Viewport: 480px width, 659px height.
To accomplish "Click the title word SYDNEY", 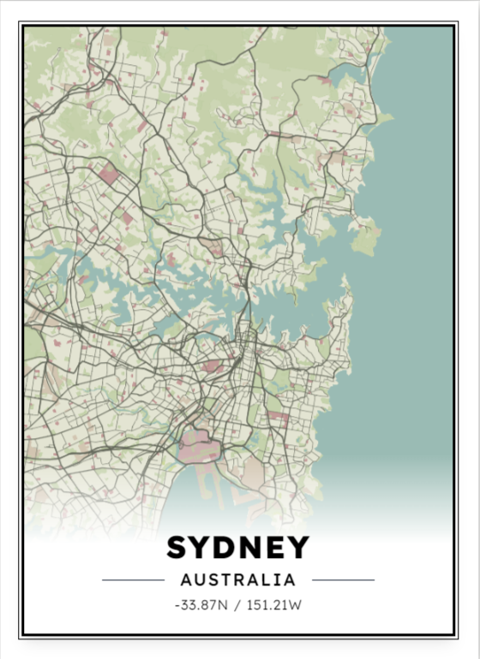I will click(x=237, y=548).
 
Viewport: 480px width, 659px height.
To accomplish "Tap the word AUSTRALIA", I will click(x=237, y=579).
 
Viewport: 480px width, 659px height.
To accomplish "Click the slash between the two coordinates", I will click(x=236, y=605).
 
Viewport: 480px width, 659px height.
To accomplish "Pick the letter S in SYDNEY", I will click(x=177, y=548).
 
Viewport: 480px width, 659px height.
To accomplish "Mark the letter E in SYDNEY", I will click(x=273, y=548).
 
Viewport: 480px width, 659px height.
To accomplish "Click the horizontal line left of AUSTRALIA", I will click(x=133, y=580).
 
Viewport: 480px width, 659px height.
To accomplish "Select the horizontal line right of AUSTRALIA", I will click(x=343, y=580).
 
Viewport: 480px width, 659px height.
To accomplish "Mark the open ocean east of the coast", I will click(x=411, y=257).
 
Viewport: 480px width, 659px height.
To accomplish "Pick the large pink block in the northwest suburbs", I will click(x=109, y=176).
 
